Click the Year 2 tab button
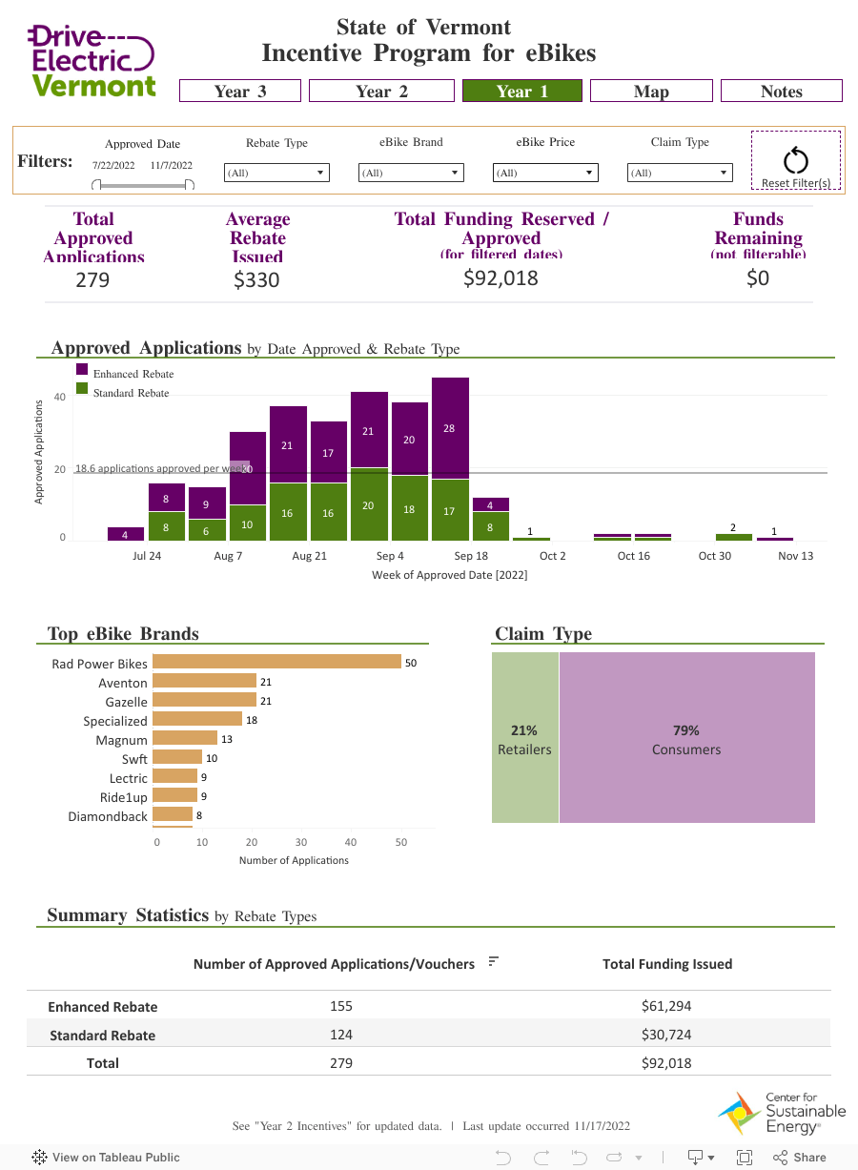coord(381,91)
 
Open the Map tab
coord(651,91)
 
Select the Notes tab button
coord(781,91)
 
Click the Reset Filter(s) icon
coord(795,160)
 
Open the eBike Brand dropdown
coord(411,173)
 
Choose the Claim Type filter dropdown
coord(680,173)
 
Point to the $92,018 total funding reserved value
coord(500,278)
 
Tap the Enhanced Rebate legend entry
coord(133,374)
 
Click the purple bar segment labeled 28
coord(450,428)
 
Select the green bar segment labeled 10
coord(248,523)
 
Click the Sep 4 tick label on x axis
coord(389,556)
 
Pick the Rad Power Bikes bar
coord(276,662)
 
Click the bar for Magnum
coord(185,739)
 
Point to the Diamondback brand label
coord(108,816)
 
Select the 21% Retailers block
coord(524,738)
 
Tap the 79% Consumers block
coord(686,738)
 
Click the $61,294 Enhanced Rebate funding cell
coord(666,1006)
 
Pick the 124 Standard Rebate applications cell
coord(341,1035)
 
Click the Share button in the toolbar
coord(800,1157)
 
